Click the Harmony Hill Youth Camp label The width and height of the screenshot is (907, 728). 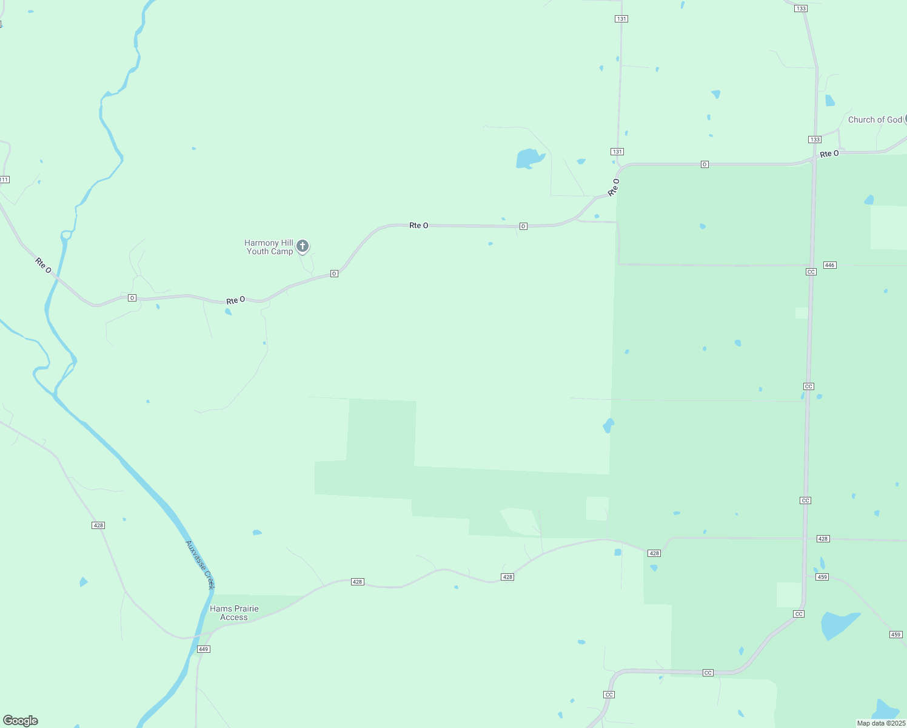[x=269, y=247]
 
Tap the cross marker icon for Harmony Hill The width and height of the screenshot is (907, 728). [x=303, y=246]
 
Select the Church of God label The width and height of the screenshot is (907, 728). [x=875, y=120]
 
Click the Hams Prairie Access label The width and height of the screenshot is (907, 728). [x=234, y=613]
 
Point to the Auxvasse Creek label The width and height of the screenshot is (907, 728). [x=201, y=565]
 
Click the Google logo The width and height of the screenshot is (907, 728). [x=21, y=721]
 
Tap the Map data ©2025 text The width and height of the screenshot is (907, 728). [x=880, y=723]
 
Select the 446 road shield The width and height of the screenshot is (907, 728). [x=830, y=265]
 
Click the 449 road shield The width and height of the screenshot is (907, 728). [x=204, y=649]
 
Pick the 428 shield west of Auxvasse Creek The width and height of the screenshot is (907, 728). [x=98, y=525]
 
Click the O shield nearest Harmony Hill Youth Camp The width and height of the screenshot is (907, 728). [x=334, y=274]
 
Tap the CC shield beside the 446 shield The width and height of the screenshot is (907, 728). [x=811, y=271]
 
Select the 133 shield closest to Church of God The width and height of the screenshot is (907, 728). [x=815, y=140]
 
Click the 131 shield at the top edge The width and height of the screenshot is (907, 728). [x=621, y=19]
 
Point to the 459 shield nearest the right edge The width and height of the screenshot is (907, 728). [x=896, y=635]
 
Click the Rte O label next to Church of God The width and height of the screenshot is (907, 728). [x=829, y=154]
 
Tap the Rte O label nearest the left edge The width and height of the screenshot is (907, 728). [x=43, y=265]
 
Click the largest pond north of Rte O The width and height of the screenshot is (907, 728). [x=529, y=158]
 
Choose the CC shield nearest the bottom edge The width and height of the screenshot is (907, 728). [x=609, y=694]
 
